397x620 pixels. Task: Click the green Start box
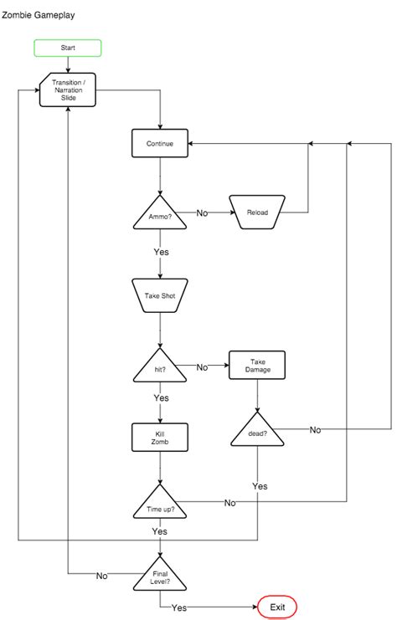coord(68,48)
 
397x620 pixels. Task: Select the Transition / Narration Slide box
coord(68,90)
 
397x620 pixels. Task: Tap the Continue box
coord(159,143)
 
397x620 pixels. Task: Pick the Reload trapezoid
coord(257,212)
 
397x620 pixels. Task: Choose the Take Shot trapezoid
coord(159,295)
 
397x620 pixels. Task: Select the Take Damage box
coord(257,365)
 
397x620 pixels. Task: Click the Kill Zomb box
coord(159,436)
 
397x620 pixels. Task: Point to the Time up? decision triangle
coord(159,505)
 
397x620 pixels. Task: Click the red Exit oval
coord(277,607)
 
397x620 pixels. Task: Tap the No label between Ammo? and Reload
coord(202,213)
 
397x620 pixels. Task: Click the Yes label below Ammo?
coord(160,252)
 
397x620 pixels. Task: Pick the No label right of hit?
coord(202,366)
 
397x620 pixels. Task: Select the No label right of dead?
coord(315,429)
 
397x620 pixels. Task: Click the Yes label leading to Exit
coord(178,607)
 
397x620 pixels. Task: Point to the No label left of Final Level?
coord(101,576)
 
